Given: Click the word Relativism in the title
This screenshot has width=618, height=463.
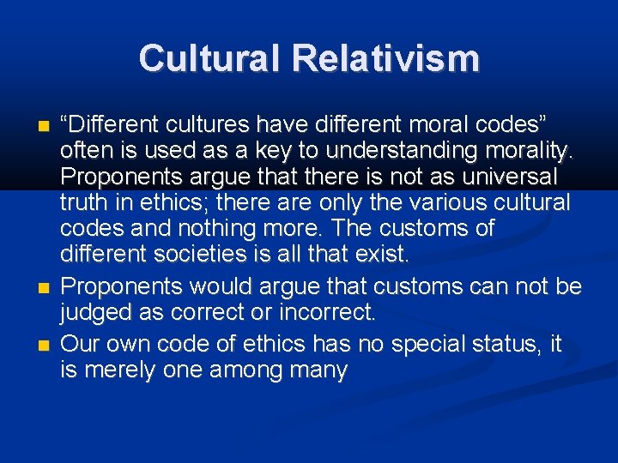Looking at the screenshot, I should [x=385, y=58].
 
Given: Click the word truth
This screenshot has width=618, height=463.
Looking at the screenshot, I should [x=82, y=202].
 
